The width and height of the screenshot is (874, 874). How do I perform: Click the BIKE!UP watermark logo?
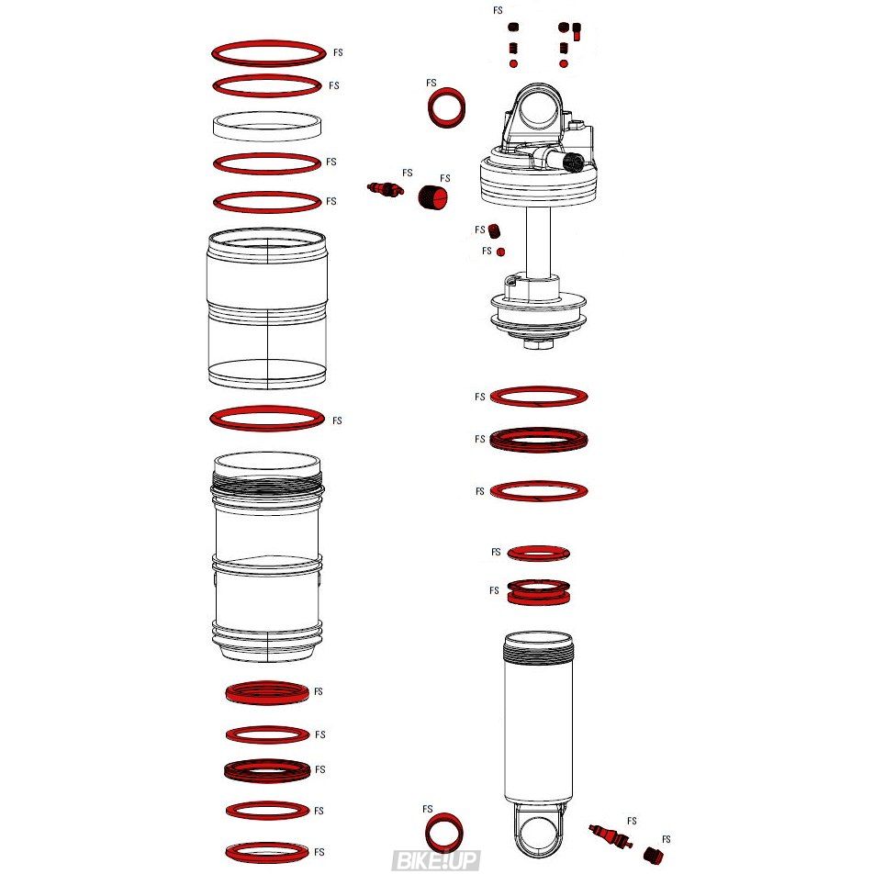[435, 860]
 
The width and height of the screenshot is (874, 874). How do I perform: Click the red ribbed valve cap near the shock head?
[433, 197]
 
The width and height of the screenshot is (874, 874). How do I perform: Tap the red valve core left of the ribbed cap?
[386, 189]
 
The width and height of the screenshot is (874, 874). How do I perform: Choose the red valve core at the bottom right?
[611, 836]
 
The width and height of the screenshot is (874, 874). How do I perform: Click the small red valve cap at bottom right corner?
[651, 855]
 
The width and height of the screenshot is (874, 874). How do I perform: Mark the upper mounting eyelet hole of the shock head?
[539, 109]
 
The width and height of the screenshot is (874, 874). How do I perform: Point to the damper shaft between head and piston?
[538, 241]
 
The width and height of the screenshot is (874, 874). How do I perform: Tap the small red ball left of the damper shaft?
[500, 252]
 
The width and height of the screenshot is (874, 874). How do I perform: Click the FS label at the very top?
[498, 10]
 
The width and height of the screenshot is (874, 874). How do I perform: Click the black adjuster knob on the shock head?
[574, 162]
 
